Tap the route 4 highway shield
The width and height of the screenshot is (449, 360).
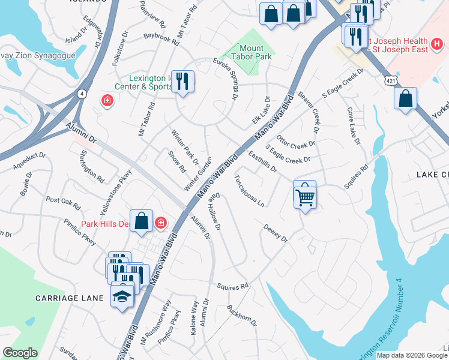(82, 93)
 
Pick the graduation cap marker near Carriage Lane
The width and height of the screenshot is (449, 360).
(122, 296)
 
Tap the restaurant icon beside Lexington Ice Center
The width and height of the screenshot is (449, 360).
(183, 81)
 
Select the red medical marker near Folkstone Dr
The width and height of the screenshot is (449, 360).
(107, 100)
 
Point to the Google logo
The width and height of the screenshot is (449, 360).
(20, 353)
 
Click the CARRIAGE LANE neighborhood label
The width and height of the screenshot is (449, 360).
(81, 298)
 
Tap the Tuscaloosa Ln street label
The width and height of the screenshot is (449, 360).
(250, 191)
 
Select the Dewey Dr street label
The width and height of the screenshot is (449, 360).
(276, 233)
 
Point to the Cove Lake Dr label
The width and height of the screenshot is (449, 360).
(354, 126)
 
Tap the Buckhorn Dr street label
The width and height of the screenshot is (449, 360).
(242, 316)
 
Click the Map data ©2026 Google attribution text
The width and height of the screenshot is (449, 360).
(411, 355)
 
